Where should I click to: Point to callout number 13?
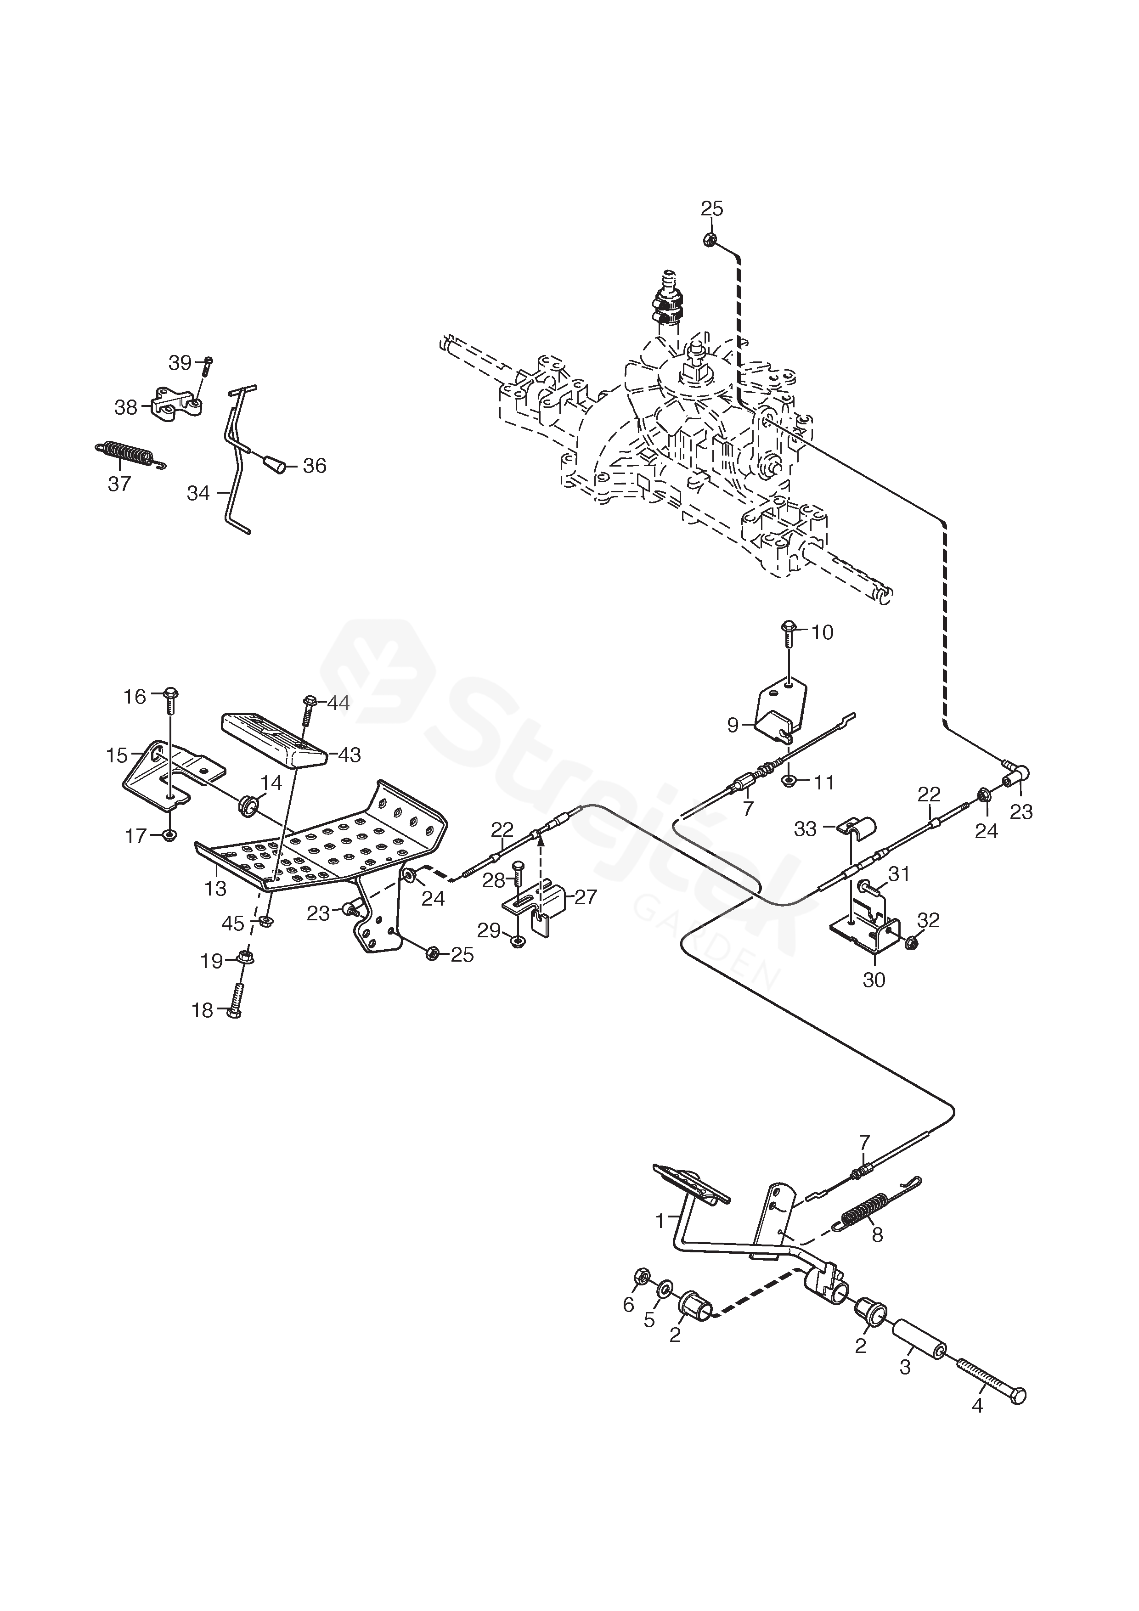(215, 888)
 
